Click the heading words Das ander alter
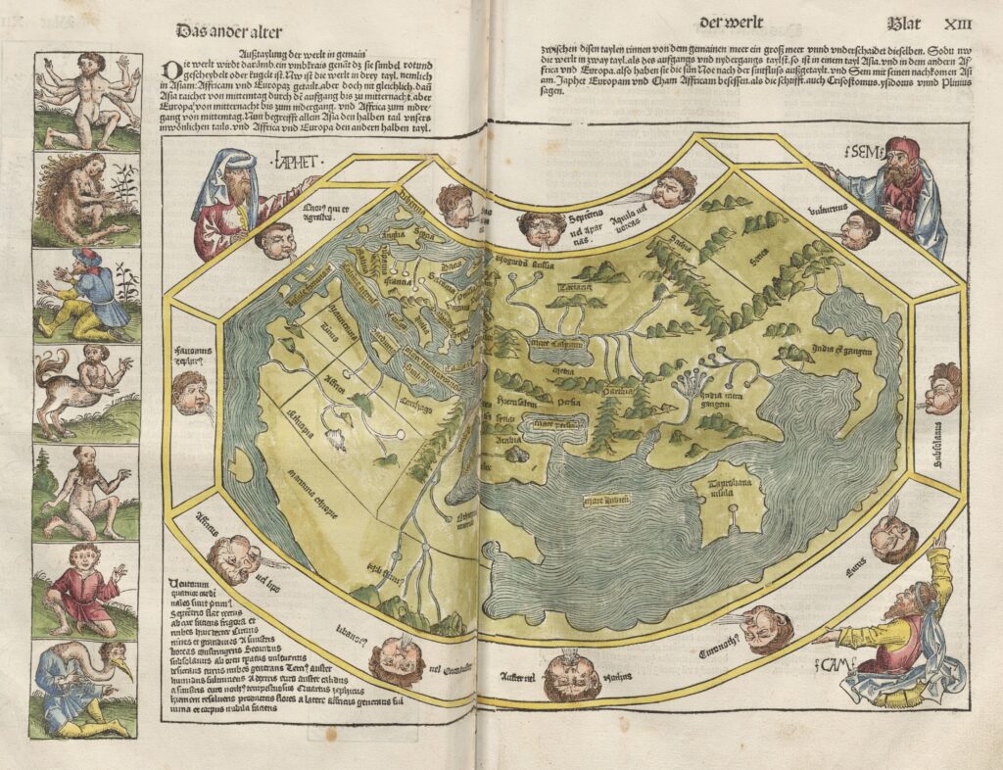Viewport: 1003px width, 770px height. click(x=227, y=30)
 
